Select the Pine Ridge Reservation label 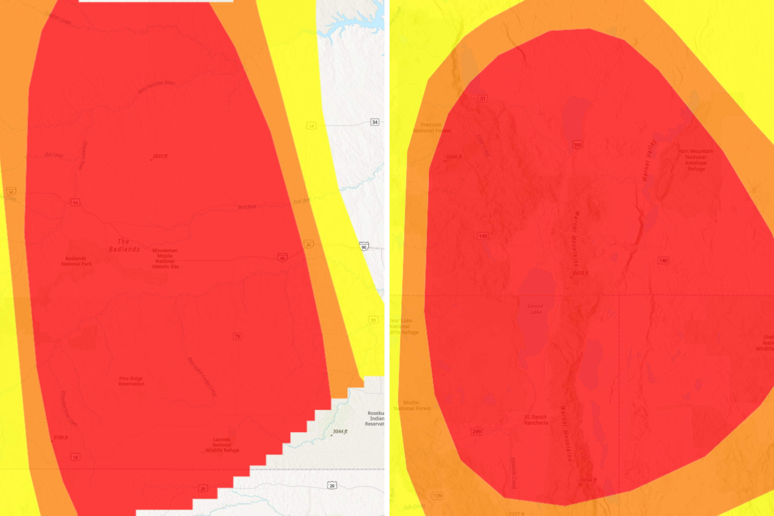coord(131,381)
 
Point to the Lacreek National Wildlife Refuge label coord(222,445)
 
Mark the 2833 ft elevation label coord(160,156)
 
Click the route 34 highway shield coord(375,122)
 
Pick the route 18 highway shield coord(75,457)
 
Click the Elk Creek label coord(54,155)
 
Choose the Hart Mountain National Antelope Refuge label coord(696,160)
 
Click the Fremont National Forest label coord(431,128)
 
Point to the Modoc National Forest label coord(412,405)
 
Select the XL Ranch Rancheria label coord(536,420)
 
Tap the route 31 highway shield coord(482,99)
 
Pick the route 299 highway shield coord(477,431)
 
